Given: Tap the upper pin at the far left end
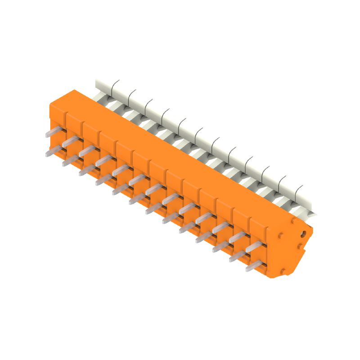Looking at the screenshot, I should coord(54,131).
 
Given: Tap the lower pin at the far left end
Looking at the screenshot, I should coord(54,150).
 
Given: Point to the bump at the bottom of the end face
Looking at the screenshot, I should coord(283,270).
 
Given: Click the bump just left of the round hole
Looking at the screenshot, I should coord(280,234).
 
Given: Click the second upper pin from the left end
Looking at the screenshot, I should coord(71,141).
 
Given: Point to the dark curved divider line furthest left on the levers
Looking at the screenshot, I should coord(115,85).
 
